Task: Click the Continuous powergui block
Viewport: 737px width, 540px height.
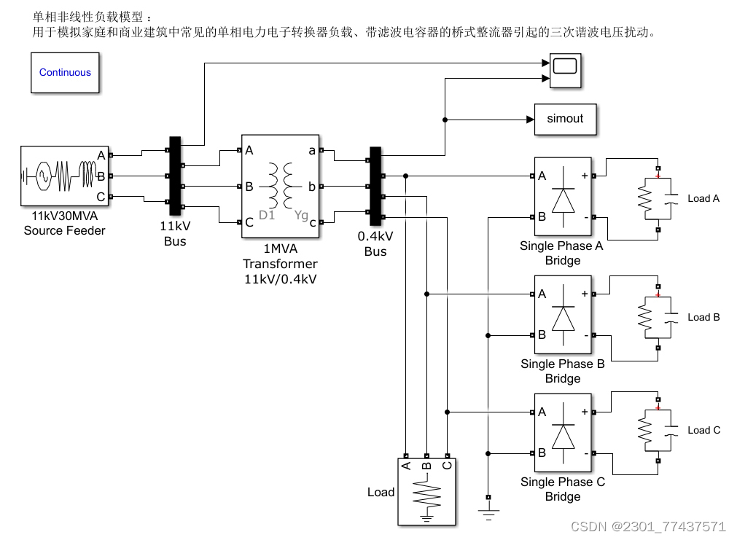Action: (65, 72)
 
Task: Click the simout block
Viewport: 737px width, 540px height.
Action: (565, 119)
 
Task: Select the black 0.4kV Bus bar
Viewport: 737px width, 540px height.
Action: (375, 186)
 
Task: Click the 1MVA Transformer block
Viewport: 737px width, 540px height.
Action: (281, 186)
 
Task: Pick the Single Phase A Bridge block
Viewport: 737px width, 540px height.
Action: (562, 197)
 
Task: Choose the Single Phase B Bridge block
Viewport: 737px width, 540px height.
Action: (562, 316)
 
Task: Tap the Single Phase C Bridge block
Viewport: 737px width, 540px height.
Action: (562, 433)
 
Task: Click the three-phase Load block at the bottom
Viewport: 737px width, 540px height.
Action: (426, 492)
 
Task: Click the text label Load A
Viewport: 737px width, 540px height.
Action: (703, 198)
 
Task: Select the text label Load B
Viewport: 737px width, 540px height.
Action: (703, 317)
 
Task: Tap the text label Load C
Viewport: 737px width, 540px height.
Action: (703, 430)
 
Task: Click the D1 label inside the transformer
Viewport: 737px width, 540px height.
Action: (267, 216)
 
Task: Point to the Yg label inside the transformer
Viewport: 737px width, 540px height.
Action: (301, 216)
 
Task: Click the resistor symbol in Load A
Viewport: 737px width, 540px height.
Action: (644, 198)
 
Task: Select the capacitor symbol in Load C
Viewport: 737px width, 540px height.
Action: (672, 430)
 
